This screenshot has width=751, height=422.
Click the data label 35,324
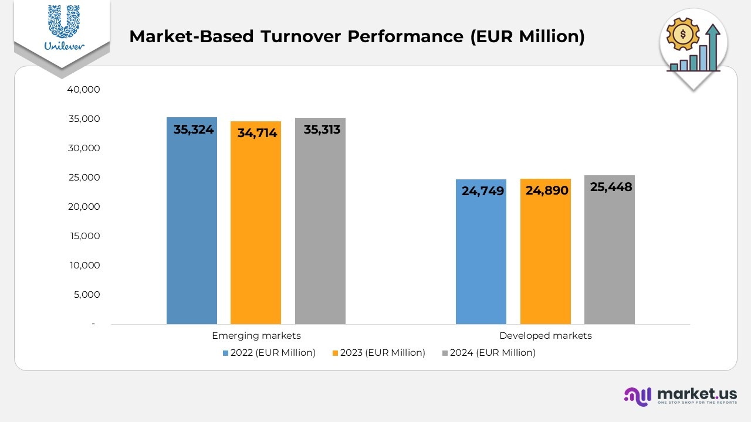pos(193,130)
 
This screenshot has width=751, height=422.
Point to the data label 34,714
pos(257,133)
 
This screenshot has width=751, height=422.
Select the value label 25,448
pos(611,187)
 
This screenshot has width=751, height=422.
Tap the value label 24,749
pos(483,190)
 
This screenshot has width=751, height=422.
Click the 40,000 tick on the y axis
pos(83,90)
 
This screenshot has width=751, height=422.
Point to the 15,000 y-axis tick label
pos(83,236)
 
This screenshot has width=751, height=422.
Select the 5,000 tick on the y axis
pos(86,295)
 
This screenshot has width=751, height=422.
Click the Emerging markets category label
pos(256,336)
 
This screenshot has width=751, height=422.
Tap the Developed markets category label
pos(545,336)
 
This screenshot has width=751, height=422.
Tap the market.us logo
pos(681,396)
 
